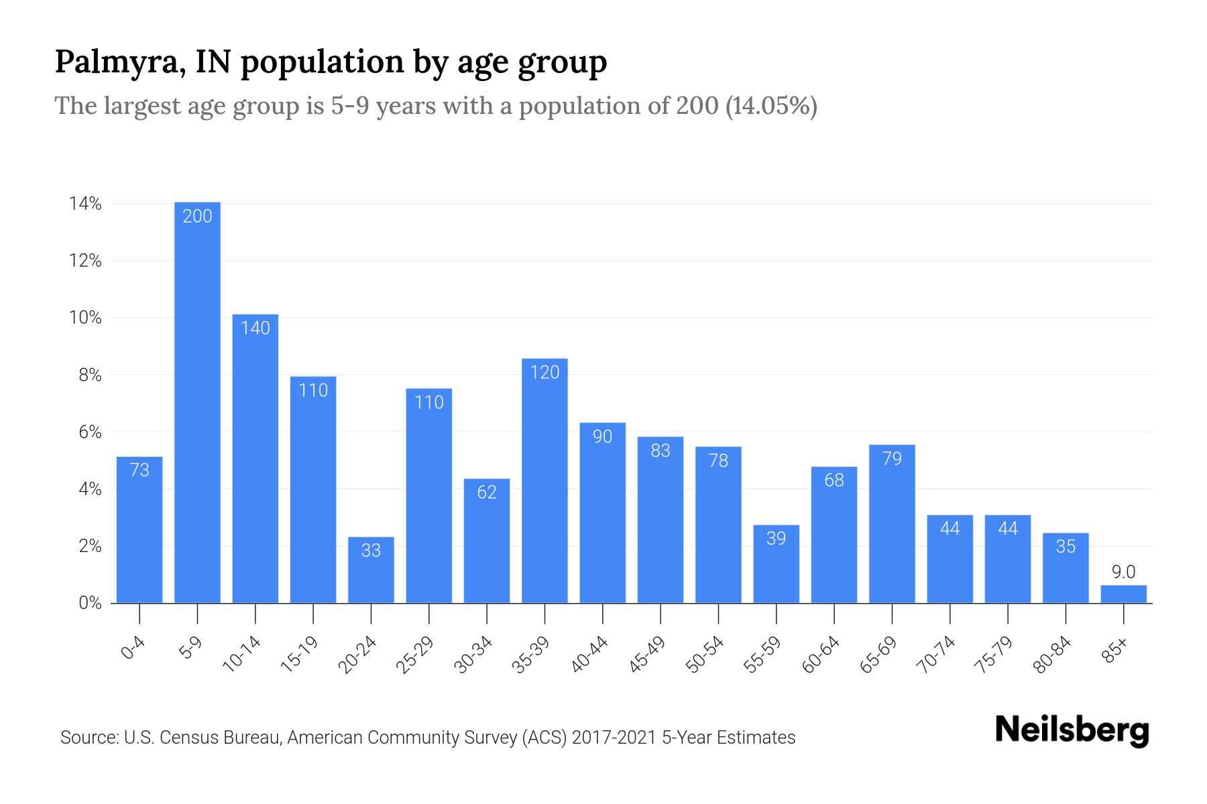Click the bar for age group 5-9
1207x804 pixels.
click(x=197, y=402)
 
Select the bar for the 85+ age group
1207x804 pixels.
click(x=1123, y=594)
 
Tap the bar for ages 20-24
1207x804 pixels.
click(x=371, y=569)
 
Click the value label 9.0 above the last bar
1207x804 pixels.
click(x=1123, y=572)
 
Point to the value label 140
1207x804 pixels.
click(x=255, y=328)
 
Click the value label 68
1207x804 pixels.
click(x=834, y=480)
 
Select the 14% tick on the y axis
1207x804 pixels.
click(x=85, y=204)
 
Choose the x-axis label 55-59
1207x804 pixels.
click(x=762, y=655)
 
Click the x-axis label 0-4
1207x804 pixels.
click(x=133, y=648)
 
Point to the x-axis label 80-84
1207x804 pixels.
click(x=1052, y=655)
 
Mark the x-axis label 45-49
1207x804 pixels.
click(x=646, y=655)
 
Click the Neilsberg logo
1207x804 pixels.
click(x=1072, y=730)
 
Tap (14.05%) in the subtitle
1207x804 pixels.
click(x=771, y=106)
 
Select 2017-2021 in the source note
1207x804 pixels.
click(x=614, y=738)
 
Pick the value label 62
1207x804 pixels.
click(x=487, y=492)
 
